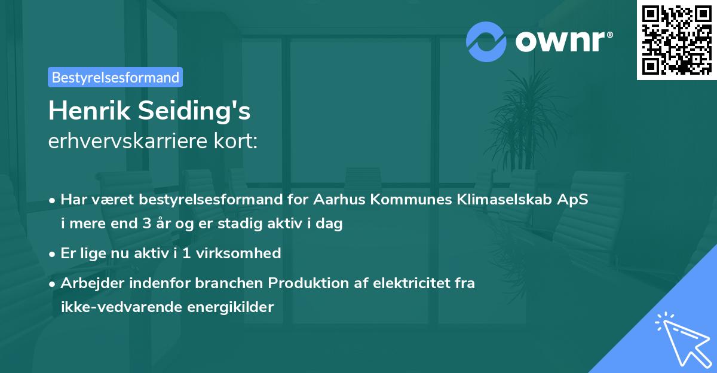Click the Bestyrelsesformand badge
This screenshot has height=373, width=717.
(x=115, y=77)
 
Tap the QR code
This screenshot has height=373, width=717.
(x=676, y=40)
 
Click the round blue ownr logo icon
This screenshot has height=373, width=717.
(x=486, y=41)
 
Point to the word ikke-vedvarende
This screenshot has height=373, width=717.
(x=114, y=307)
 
